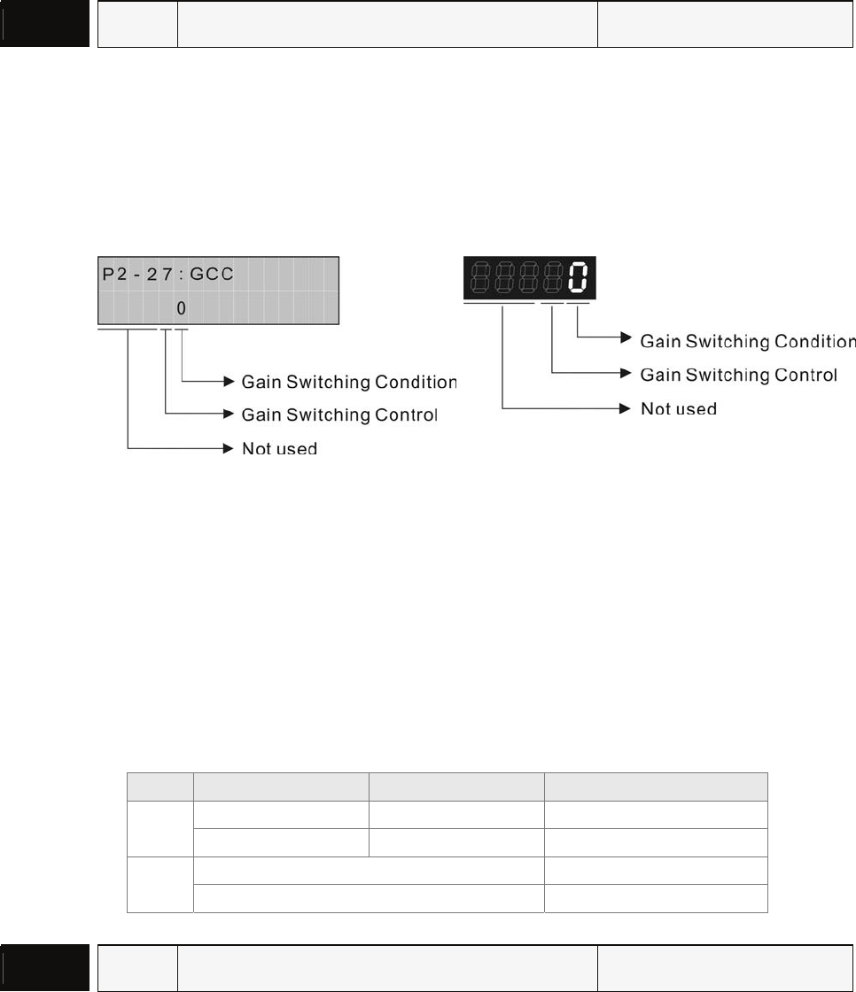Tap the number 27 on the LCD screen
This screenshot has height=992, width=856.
[x=158, y=275]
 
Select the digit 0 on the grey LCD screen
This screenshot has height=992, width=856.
[x=181, y=309]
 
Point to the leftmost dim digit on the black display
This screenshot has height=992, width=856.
[x=479, y=278]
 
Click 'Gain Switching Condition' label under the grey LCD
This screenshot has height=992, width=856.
[x=349, y=383]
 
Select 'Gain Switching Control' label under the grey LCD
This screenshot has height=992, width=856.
[x=340, y=415]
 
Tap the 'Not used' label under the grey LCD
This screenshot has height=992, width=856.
[x=280, y=449]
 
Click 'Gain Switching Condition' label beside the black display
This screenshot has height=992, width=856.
[x=748, y=342]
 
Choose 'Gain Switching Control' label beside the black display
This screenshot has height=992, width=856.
[x=739, y=376]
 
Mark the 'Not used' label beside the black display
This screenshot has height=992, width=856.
[x=679, y=409]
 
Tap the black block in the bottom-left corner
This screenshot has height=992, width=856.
[x=44, y=967]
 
